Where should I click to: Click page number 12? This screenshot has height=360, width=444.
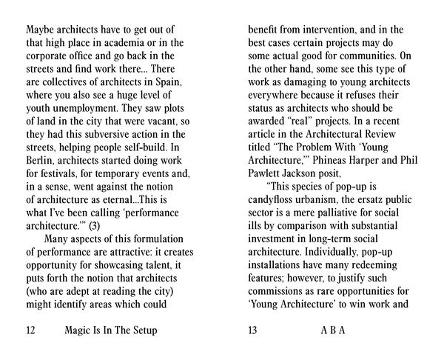[31, 330]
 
